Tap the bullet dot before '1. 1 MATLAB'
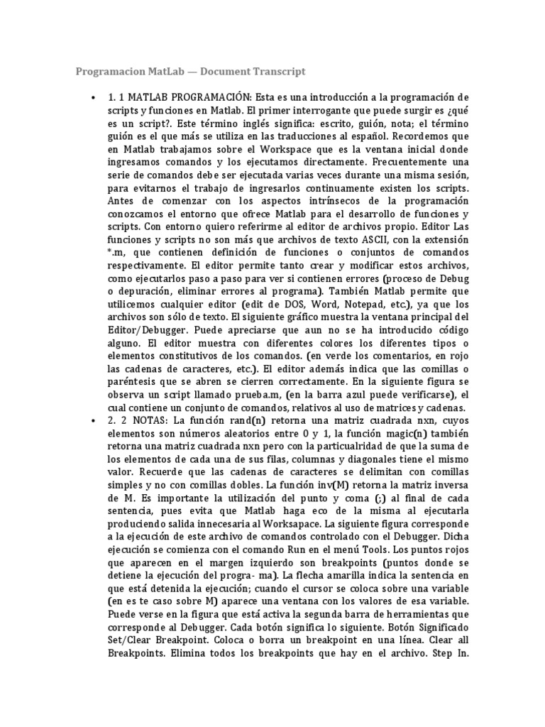(93, 97)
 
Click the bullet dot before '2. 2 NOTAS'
(93, 420)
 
